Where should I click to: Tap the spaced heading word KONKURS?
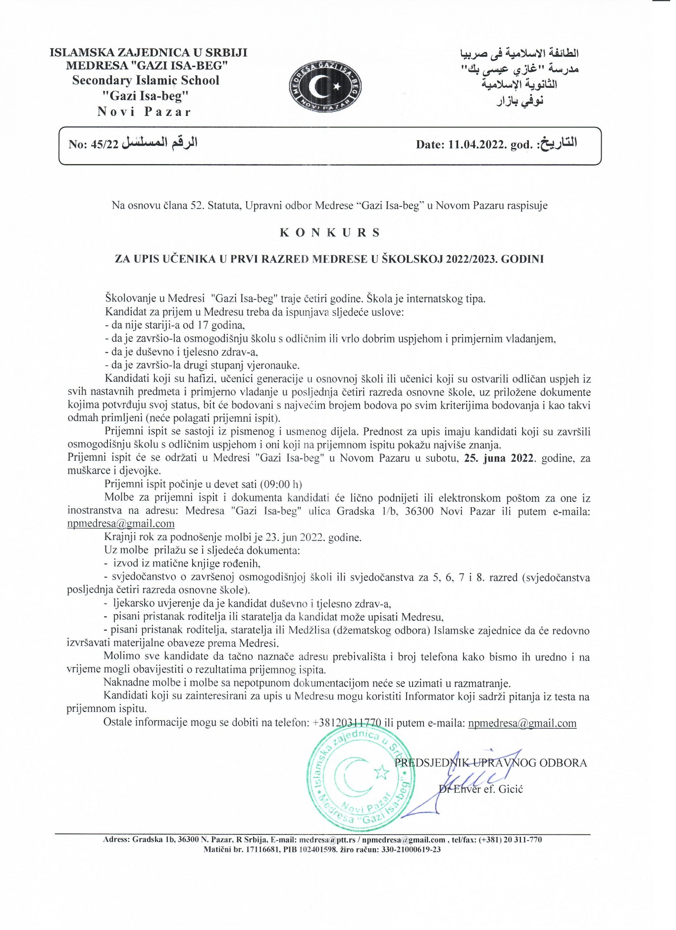click(329, 232)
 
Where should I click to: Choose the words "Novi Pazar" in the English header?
click(144, 112)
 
